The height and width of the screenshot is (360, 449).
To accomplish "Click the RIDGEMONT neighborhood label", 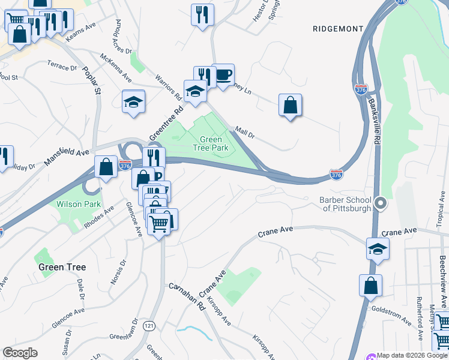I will click(339, 29).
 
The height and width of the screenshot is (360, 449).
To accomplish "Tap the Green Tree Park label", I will click(211, 143).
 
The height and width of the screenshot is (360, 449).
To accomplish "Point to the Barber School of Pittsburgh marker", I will click(379, 204).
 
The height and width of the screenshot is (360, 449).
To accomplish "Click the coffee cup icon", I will click(223, 76).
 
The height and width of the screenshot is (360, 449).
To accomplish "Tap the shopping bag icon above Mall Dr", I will click(290, 106).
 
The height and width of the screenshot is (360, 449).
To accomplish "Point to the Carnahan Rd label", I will click(187, 296).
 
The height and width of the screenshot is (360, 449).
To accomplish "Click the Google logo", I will click(20, 353).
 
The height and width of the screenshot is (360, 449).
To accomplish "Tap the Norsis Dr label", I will click(118, 271).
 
